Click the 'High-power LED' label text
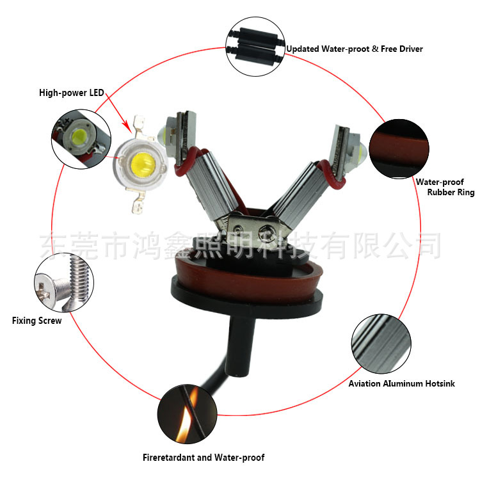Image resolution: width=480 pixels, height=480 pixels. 72,93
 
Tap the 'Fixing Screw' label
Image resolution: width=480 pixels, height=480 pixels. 36,321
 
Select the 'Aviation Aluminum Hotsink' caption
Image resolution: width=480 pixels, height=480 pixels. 402,383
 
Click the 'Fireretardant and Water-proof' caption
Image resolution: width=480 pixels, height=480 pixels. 204,458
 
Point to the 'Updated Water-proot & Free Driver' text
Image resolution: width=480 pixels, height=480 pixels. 355,49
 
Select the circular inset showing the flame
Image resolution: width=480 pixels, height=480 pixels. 187,414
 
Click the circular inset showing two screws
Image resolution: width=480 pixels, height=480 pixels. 64,282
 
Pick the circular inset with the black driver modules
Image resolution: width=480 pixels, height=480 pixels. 255,47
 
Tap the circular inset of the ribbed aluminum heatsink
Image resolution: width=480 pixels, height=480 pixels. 381,344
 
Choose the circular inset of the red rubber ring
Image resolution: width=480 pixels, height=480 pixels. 399,148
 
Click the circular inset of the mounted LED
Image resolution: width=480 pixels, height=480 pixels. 81,139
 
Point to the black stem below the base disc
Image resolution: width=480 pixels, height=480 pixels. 241,343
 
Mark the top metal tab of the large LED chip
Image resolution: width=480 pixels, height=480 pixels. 140,125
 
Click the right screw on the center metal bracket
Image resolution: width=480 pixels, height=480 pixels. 264,230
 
